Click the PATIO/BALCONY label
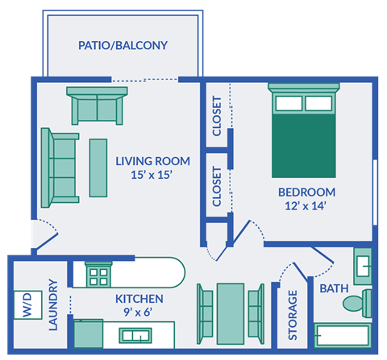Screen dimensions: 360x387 tap(123, 45)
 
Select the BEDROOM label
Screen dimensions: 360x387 tap(306, 192)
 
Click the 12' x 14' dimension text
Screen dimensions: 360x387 tap(306, 205)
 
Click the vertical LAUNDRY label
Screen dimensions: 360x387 tap(53, 306)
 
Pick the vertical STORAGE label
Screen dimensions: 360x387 tap(293, 314)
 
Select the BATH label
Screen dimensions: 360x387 tap(334, 288)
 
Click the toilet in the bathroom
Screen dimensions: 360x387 tap(356, 303)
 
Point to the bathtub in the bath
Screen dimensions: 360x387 tap(342, 337)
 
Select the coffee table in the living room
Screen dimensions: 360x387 tap(98, 168)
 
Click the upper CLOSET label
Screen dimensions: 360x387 tap(216, 116)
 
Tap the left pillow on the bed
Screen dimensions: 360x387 tap(288, 103)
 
